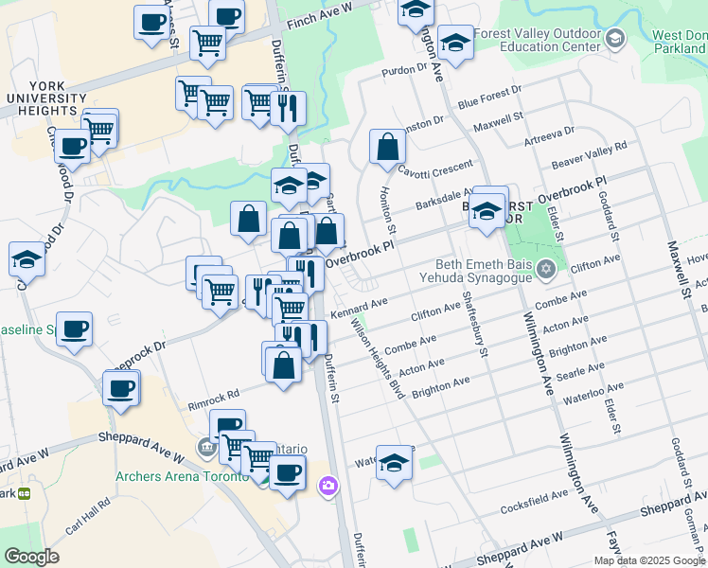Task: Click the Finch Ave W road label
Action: [318, 8]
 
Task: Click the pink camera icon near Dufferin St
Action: [327, 487]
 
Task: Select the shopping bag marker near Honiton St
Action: [387, 147]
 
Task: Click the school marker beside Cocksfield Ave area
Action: [395, 463]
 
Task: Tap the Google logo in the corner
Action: [31, 557]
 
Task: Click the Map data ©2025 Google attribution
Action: [648, 560]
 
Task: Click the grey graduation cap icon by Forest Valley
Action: [616, 39]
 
